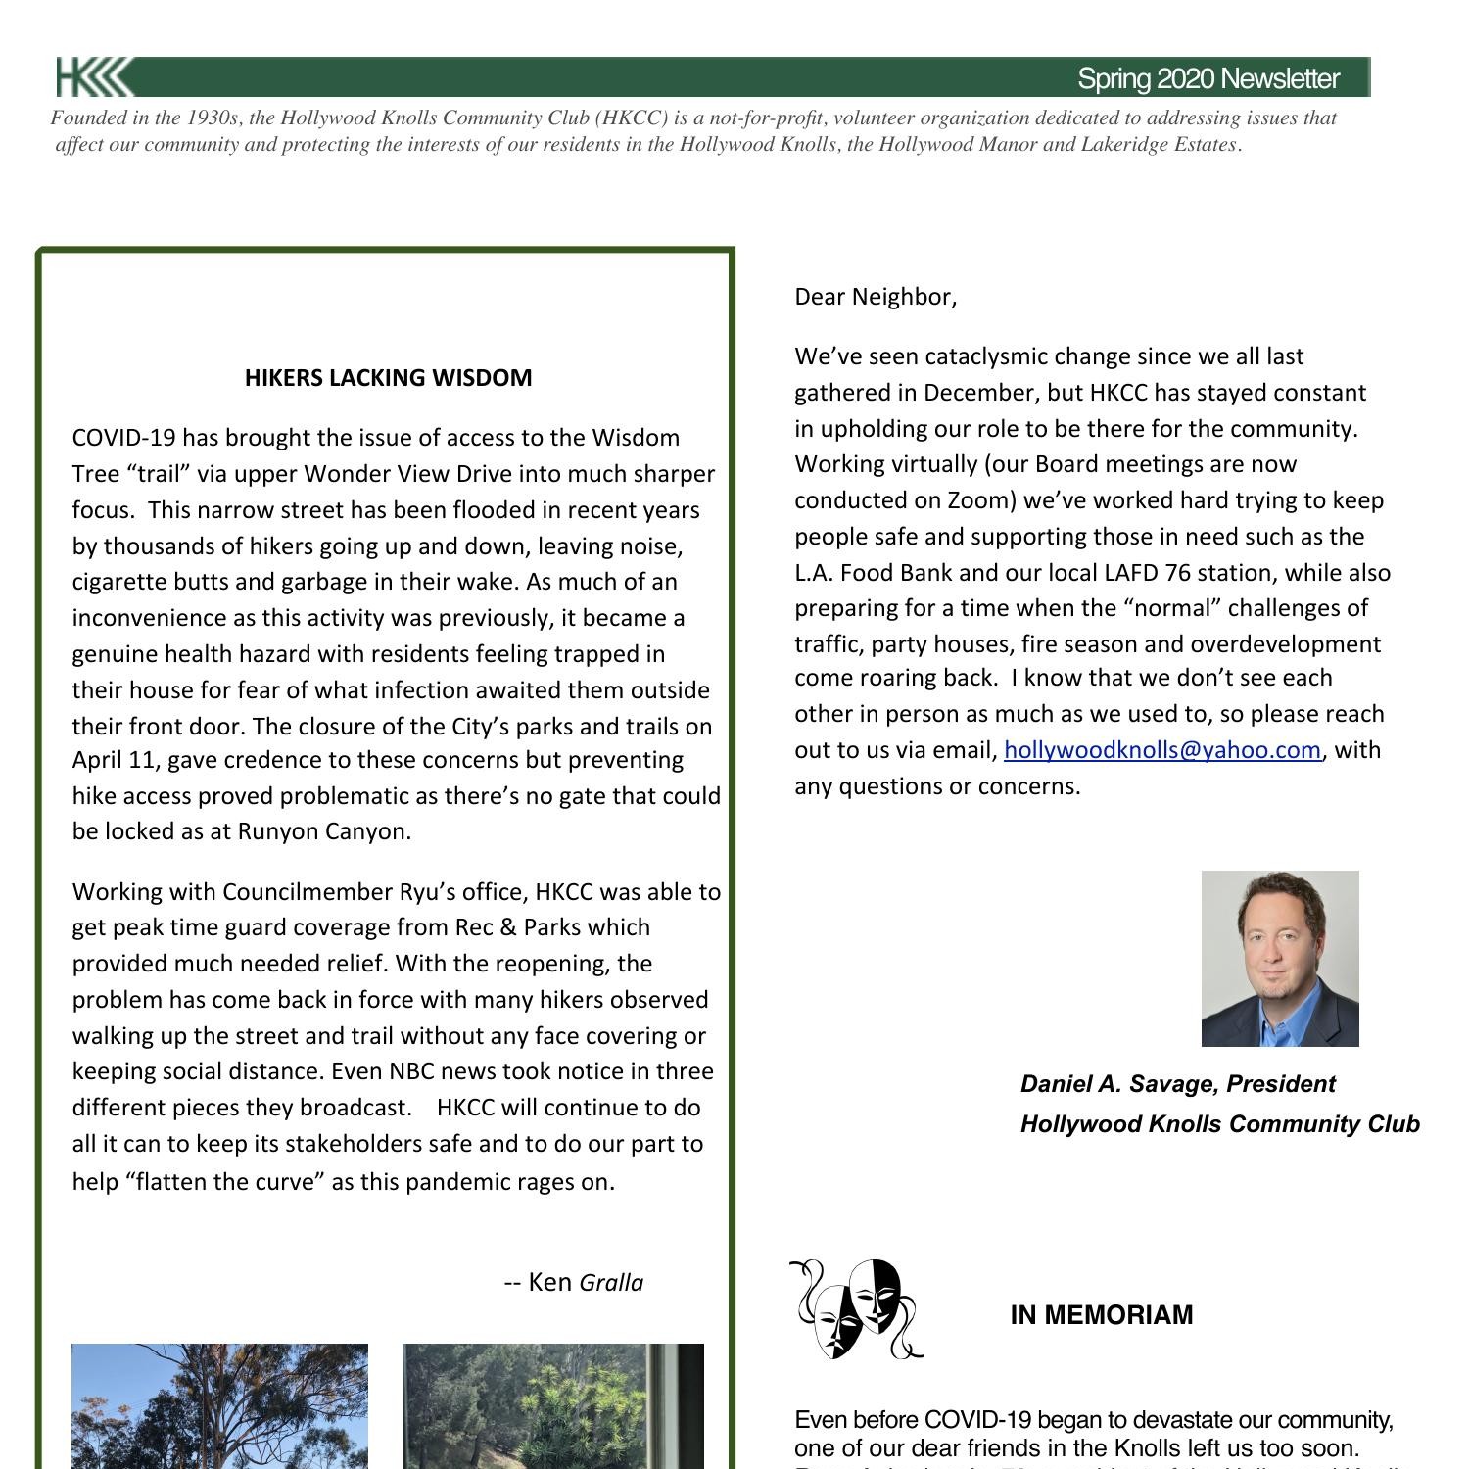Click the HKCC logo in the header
coord(93,77)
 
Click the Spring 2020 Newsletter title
coord(1208,79)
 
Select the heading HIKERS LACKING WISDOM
coord(388,378)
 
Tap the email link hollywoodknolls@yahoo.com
coord(1161,750)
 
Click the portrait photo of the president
coord(1279,958)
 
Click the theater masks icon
coord(856,1309)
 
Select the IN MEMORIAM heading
coord(1101,1315)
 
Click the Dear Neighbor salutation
coord(875,297)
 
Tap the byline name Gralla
coord(611,1283)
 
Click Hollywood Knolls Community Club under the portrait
coord(1219,1124)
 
